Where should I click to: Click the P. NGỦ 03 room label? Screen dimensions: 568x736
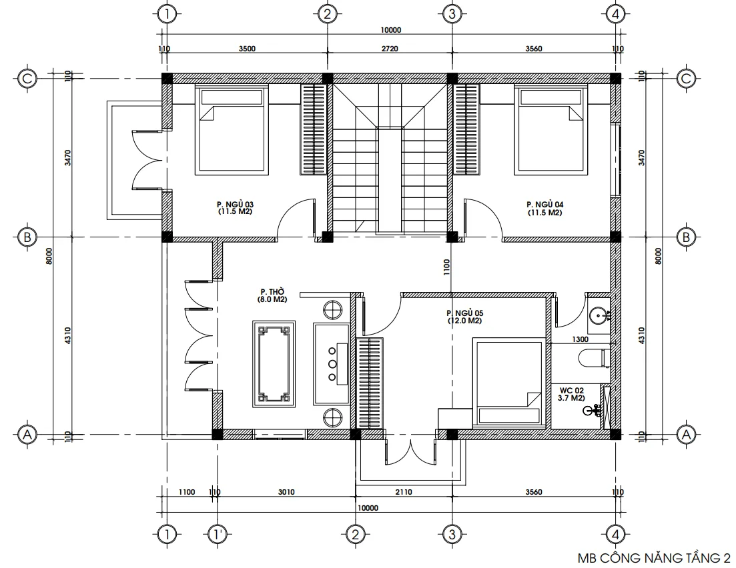click(x=236, y=208)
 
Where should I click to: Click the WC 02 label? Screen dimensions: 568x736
click(x=571, y=393)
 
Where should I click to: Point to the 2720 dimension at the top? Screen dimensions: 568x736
click(x=390, y=49)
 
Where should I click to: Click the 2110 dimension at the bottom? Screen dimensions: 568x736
click(x=404, y=492)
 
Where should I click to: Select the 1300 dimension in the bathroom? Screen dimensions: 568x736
click(x=581, y=339)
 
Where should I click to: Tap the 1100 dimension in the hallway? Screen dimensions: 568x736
click(x=446, y=267)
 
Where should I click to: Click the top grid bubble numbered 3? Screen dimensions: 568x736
click(x=452, y=13)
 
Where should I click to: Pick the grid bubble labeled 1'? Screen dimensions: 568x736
click(x=218, y=534)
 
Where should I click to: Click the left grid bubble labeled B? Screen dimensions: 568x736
click(x=27, y=237)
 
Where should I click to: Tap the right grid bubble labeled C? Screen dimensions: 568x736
click(x=686, y=79)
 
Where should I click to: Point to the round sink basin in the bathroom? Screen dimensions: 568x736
click(x=599, y=315)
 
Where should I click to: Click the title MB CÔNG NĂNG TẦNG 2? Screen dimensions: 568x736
click(x=653, y=557)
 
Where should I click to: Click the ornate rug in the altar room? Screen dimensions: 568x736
click(x=272, y=363)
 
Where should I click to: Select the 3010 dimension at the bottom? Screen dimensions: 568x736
click(x=286, y=492)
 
